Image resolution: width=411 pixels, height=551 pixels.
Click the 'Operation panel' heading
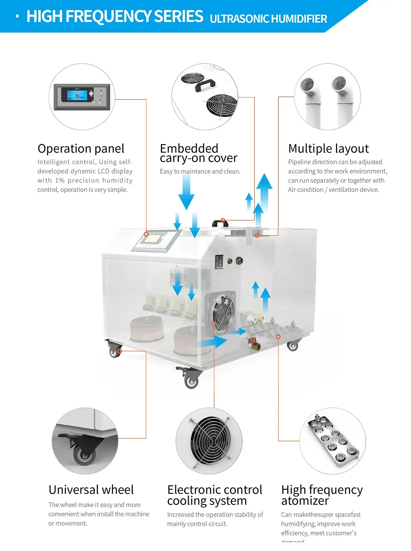coord(81,149)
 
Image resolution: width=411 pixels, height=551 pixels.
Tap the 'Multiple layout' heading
coord(328,149)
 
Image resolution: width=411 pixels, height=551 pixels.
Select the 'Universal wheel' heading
coord(91,490)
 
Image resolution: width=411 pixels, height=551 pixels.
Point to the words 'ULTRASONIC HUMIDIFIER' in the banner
coord(268,19)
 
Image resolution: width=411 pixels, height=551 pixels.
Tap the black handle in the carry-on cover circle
coord(205,85)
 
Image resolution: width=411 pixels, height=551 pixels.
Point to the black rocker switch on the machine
coord(220,262)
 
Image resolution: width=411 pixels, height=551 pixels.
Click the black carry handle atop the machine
coord(220,223)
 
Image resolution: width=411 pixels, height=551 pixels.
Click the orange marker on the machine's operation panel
coord(146,234)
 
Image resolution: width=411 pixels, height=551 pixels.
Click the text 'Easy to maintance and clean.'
coord(200,171)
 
